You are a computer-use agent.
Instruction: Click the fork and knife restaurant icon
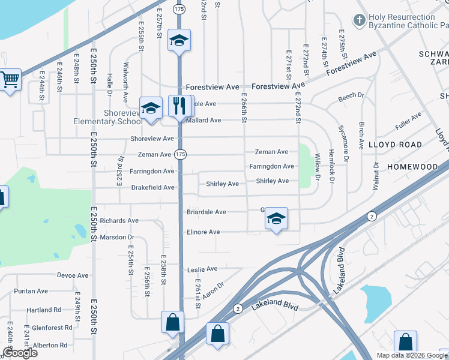[180, 107]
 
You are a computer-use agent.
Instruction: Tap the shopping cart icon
[10, 79]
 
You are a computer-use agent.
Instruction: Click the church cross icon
[359, 22]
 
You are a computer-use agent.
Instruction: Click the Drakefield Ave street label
[152, 188]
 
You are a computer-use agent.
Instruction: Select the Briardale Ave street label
[206, 212]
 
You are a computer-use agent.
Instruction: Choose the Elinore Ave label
[203, 232]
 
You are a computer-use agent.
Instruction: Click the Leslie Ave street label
[202, 269]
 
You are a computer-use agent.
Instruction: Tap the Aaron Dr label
[213, 290]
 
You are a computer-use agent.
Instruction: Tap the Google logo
[20, 353]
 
